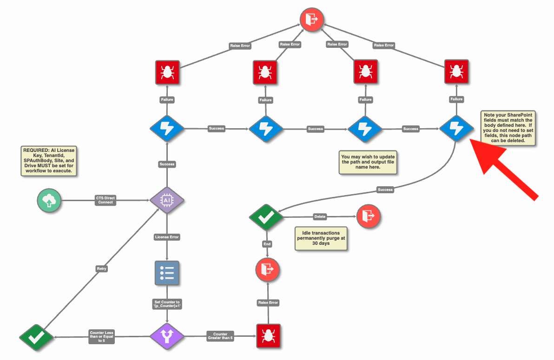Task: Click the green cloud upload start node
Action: tap(49, 200)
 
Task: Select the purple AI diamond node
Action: tap(167, 200)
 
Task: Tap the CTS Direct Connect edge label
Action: tap(106, 200)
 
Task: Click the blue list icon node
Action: tap(167, 273)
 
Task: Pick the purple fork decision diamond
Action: tap(167, 336)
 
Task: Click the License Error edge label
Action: tap(167, 237)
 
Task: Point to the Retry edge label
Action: tap(101, 269)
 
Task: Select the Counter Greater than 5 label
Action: tap(220, 336)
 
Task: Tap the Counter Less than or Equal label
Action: tap(101, 337)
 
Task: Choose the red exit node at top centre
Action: tap(311, 20)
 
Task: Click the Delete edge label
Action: tap(320, 216)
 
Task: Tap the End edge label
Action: tap(267, 244)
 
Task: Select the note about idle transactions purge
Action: tap(321, 238)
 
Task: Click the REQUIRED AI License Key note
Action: tap(49, 160)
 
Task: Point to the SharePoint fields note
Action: tap(508, 128)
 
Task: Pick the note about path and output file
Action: tap(368, 162)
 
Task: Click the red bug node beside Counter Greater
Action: tap(268, 336)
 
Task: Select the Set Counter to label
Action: tap(167, 304)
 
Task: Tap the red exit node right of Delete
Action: tap(369, 216)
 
